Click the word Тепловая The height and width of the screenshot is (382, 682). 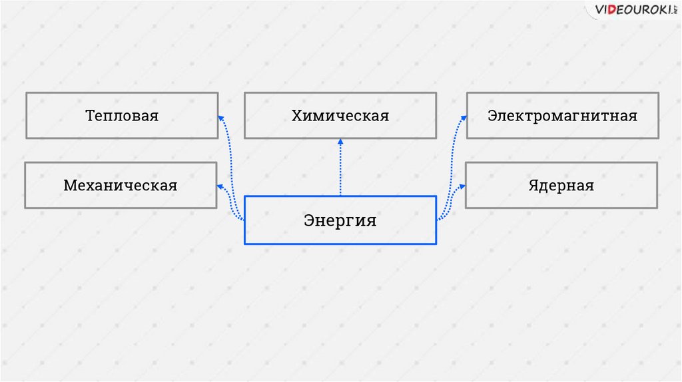click(122, 116)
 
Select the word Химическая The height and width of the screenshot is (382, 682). click(340, 116)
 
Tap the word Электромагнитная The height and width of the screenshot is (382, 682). click(562, 116)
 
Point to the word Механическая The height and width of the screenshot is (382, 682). click(121, 185)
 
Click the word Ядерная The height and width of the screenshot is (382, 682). click(561, 185)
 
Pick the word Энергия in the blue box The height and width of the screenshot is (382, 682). click(340, 220)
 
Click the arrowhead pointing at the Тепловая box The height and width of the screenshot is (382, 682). click(221, 117)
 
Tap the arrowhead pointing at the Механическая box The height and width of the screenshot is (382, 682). click(220, 186)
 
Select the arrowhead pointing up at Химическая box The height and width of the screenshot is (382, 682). click(340, 142)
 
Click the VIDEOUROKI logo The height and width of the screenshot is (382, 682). click(632, 10)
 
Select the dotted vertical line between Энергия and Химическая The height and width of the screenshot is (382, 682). click(340, 170)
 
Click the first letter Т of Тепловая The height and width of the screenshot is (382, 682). click(89, 116)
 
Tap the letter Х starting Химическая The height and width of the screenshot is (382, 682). click(296, 116)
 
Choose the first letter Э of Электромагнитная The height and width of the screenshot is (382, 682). click(492, 116)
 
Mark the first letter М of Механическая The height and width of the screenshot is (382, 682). click(69, 185)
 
